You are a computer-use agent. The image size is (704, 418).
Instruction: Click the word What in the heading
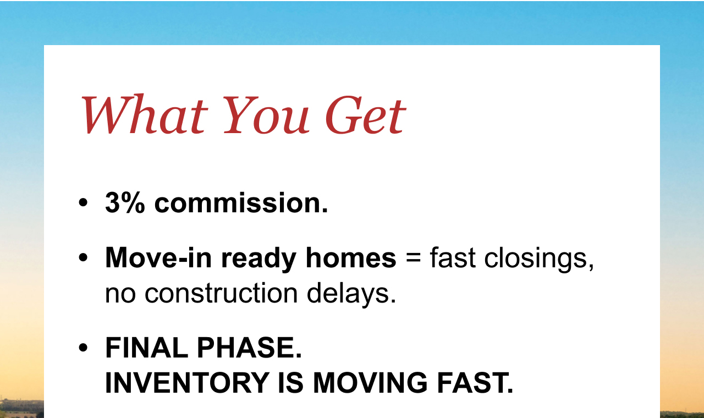pos(145,114)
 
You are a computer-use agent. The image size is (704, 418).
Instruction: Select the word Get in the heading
pos(366,115)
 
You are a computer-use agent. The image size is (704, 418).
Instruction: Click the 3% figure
pos(125,203)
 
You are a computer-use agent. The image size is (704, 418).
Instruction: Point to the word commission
pos(241,203)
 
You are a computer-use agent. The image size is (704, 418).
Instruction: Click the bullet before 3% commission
pos(83,203)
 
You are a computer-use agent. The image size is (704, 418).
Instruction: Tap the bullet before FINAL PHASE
pos(83,348)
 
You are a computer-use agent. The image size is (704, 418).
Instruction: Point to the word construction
pos(221,293)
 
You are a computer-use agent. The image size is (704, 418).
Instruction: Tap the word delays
pos(351,294)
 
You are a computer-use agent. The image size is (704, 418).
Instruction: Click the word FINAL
pos(146,348)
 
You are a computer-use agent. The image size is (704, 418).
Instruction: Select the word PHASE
pos(250,348)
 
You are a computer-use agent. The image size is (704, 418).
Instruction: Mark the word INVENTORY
pos(187,383)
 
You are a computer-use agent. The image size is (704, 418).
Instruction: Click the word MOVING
pos(370,383)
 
